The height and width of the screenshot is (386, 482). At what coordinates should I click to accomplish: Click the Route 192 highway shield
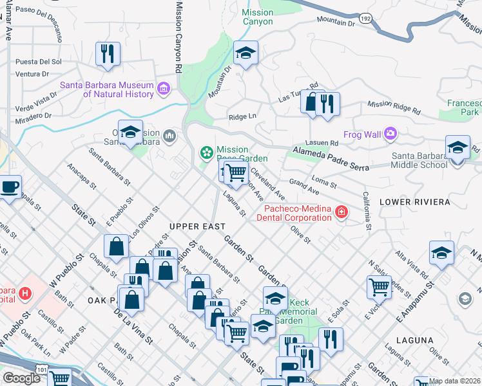(365, 19)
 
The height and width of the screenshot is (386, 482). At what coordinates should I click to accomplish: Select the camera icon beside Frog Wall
(389, 134)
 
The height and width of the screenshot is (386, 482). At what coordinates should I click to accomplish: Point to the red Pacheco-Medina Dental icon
(340, 212)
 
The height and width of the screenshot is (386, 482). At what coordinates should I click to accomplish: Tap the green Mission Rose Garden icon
(207, 152)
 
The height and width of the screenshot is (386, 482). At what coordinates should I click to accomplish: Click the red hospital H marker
(25, 293)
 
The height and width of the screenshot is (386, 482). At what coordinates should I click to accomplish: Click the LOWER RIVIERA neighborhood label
(415, 202)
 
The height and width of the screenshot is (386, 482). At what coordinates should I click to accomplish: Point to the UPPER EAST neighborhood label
(197, 226)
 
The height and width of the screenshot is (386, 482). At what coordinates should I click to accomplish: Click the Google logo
(21, 378)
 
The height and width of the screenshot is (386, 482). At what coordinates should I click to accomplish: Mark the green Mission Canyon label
(257, 17)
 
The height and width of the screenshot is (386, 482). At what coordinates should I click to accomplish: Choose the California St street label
(367, 210)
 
